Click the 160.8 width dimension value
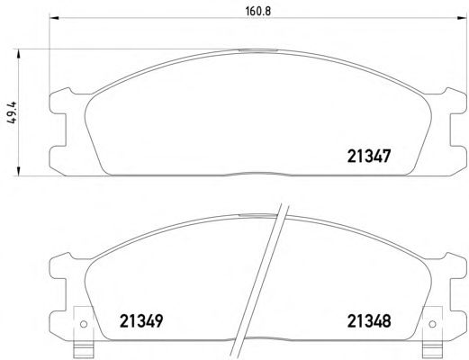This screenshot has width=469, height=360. coord(258,12)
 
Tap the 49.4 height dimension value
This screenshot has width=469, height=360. coord(12,112)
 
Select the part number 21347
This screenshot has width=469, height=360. coord(369,157)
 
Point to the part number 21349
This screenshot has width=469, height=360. coord(141,321)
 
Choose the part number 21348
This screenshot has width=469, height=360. coord(369,321)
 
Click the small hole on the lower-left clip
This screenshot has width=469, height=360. coord(84,324)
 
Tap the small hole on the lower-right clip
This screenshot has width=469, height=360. coord(432,324)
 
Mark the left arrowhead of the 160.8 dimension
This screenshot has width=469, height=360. coord(54,18)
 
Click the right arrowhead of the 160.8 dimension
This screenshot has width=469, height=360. coord(462,18)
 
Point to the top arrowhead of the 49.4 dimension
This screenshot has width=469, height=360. coord(19,55)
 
